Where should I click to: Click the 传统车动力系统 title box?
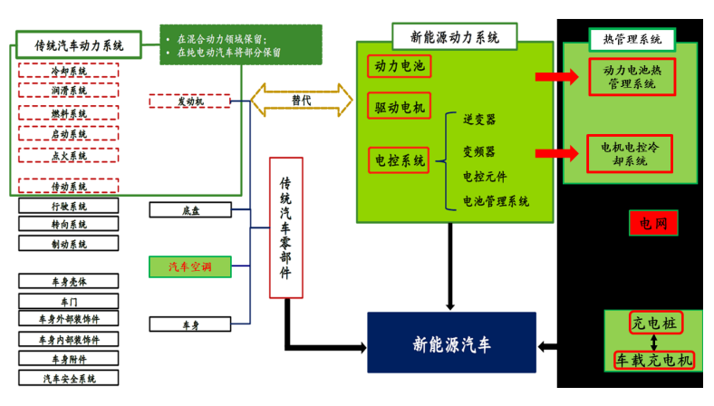click(x=81, y=44)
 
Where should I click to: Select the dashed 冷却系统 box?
click(x=68, y=71)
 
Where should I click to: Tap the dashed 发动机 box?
click(x=189, y=101)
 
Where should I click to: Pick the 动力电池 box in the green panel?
click(x=399, y=66)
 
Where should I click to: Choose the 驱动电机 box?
click(x=400, y=106)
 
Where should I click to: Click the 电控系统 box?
click(x=400, y=161)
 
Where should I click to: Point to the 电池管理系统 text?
click(x=496, y=201)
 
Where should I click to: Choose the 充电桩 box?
click(x=654, y=323)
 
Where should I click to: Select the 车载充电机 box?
click(x=654, y=361)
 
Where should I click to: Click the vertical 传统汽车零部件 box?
click(x=286, y=227)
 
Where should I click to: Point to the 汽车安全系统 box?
click(x=68, y=379)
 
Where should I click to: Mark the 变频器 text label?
click(x=479, y=151)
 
